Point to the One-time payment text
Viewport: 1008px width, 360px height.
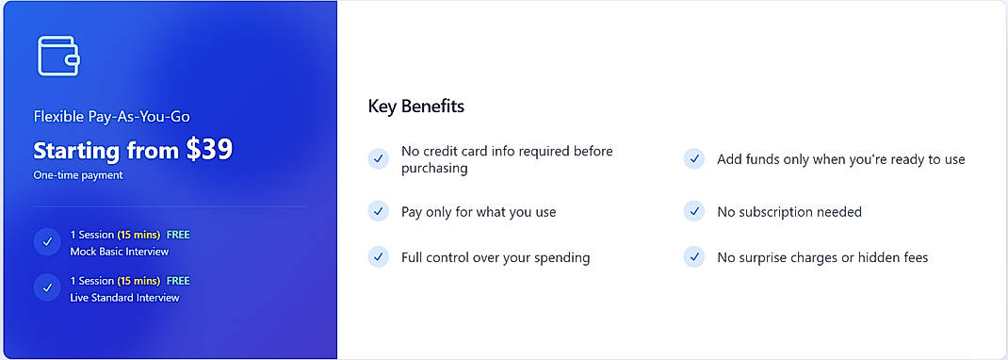tap(78, 175)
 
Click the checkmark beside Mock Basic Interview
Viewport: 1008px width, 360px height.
tap(47, 242)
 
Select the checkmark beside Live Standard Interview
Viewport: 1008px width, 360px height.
tap(47, 288)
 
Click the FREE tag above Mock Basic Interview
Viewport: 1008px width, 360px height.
tap(178, 235)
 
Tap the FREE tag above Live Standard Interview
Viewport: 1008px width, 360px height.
tap(178, 281)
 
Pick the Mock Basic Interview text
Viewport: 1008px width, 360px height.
tap(118, 252)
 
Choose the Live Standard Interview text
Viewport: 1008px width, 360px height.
tap(124, 298)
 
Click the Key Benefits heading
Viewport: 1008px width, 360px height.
tap(415, 106)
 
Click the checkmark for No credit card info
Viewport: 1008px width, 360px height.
tap(378, 159)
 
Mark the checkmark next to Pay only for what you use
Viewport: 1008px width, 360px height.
tap(378, 211)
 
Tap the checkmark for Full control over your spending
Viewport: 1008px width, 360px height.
tap(378, 256)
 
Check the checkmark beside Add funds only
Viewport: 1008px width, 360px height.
tap(694, 159)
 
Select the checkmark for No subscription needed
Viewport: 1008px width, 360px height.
tap(694, 211)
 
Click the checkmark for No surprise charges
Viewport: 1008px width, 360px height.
tap(694, 256)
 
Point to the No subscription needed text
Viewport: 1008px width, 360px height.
tap(789, 212)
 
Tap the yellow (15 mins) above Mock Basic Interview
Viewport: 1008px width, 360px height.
tap(138, 235)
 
